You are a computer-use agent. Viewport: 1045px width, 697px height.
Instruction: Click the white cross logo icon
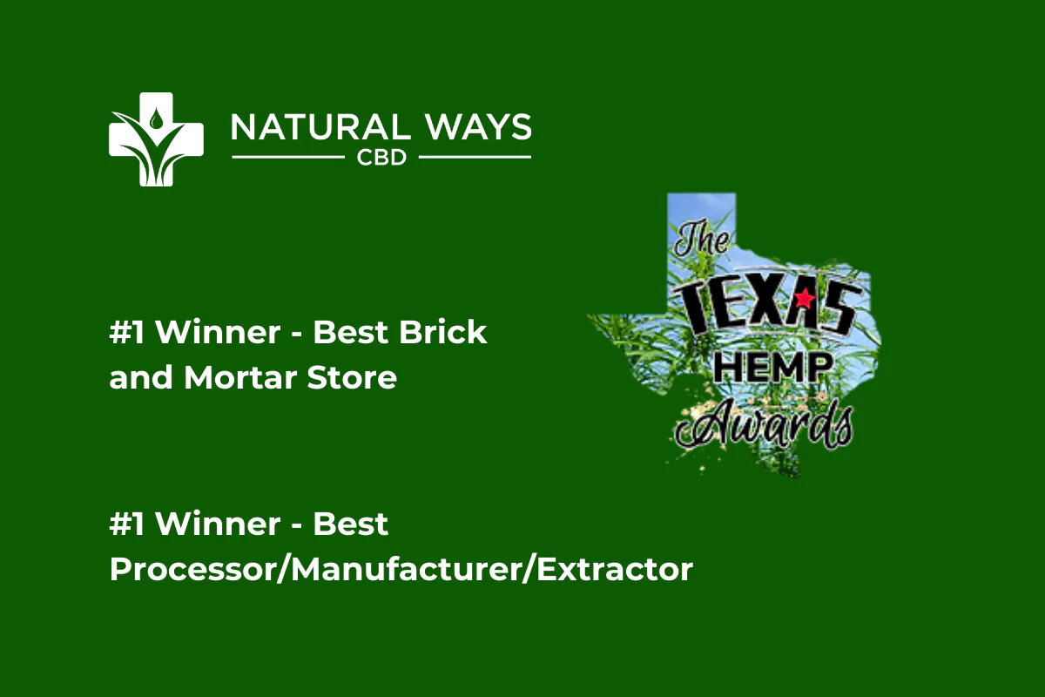pyautogui.click(x=156, y=139)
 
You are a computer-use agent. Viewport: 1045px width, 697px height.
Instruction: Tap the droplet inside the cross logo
pyautogui.click(x=155, y=118)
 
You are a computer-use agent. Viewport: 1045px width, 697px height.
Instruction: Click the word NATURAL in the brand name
pyautogui.click(x=321, y=127)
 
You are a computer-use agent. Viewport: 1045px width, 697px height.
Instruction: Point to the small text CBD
pyautogui.click(x=381, y=158)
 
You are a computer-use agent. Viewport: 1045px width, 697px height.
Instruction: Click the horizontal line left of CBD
pyautogui.click(x=288, y=158)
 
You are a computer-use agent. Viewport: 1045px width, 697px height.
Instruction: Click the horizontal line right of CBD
pyautogui.click(x=475, y=158)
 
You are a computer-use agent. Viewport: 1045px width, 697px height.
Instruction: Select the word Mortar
pyautogui.click(x=240, y=377)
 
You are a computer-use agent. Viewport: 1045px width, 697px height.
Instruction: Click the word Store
pyautogui.click(x=352, y=377)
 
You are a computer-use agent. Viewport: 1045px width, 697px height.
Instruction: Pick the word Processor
pyautogui.click(x=192, y=569)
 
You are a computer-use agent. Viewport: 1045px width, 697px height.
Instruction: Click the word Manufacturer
pyautogui.click(x=407, y=569)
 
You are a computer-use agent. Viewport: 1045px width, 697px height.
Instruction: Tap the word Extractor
pyautogui.click(x=615, y=569)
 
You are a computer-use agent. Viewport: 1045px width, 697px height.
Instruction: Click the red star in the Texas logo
pyautogui.click(x=805, y=298)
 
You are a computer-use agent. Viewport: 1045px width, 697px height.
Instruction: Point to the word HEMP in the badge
pyautogui.click(x=773, y=368)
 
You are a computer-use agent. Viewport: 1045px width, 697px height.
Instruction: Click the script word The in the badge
pyautogui.click(x=701, y=239)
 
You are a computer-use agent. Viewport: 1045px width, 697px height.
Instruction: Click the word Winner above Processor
pyautogui.click(x=218, y=524)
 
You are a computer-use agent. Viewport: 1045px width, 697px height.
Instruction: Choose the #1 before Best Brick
pyautogui.click(x=127, y=332)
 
